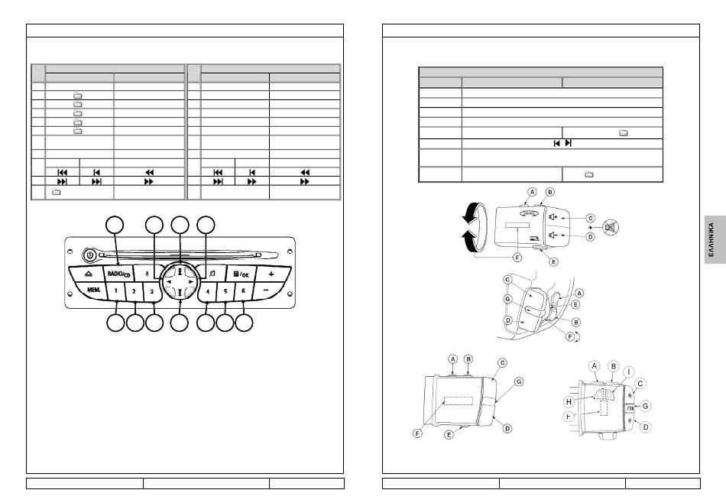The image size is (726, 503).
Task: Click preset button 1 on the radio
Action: [115, 290]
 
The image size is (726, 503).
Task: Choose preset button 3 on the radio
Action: [152, 290]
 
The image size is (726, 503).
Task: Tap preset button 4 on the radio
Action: [207, 290]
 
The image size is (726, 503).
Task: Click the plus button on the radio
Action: [271, 274]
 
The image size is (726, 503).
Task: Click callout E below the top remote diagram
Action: [554, 261]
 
